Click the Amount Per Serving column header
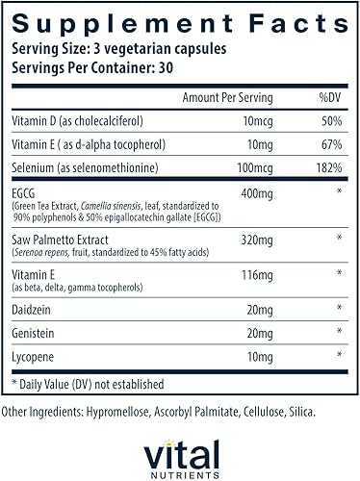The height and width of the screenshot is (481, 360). pos(227,98)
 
